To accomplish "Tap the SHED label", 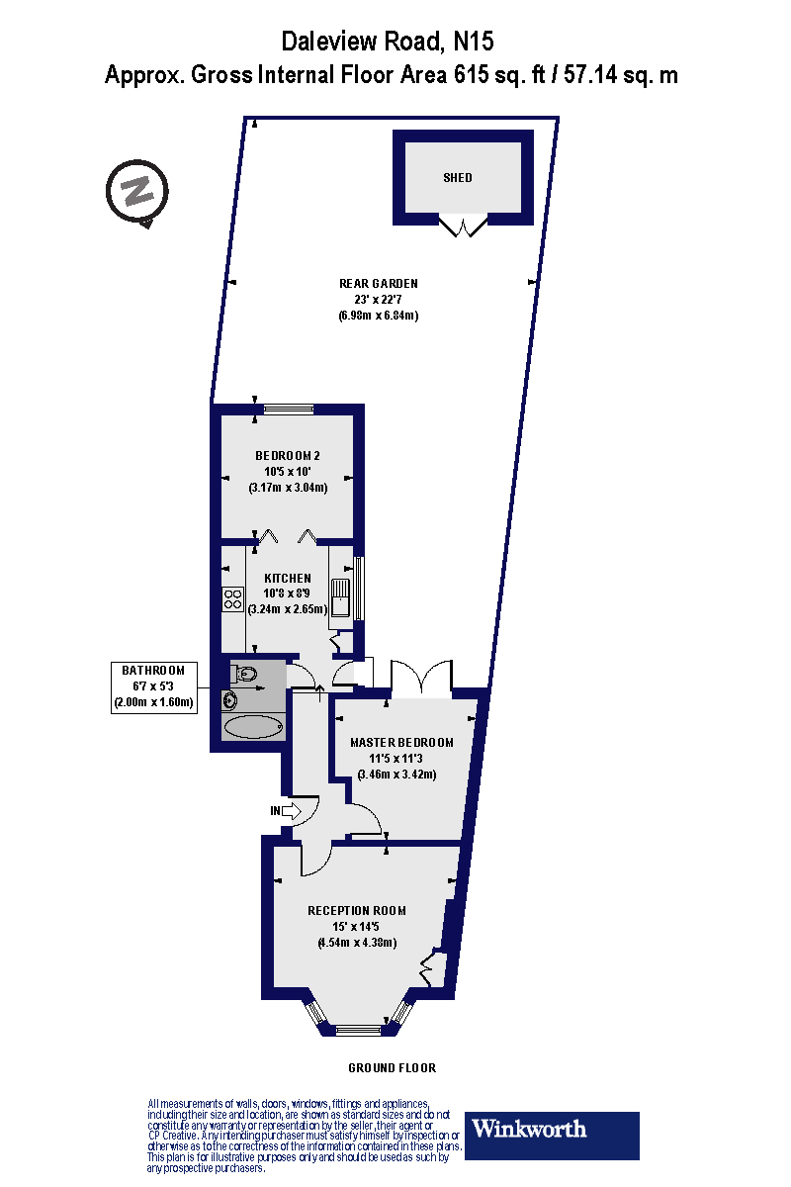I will click(458, 178).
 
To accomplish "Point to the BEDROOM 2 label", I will click(288, 456).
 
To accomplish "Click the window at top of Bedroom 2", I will click(288, 409).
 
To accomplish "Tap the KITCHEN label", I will click(288, 578).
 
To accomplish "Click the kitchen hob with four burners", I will click(233, 597).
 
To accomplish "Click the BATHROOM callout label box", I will click(153, 686).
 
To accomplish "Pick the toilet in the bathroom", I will click(245, 675).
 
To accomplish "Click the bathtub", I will click(254, 727).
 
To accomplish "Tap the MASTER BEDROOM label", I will click(402, 742).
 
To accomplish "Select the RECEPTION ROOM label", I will click(357, 910).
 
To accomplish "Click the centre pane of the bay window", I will click(357, 1030).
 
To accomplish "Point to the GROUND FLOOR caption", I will click(392, 1068).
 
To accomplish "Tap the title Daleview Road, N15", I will click(388, 42).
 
